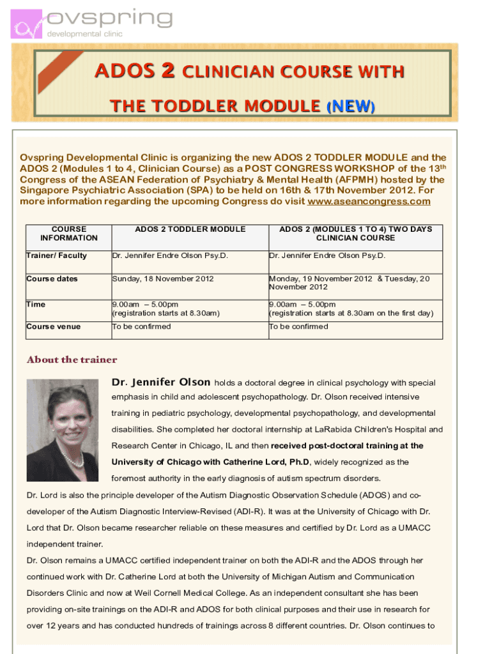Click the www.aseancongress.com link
[x=369, y=202]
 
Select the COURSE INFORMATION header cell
[x=69, y=233]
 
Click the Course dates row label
[x=52, y=278]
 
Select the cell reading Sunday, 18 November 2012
[x=163, y=278]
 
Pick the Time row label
[x=36, y=304]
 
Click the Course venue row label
[x=53, y=326]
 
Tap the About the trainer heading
[x=72, y=360]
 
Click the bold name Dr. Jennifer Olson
[x=161, y=382]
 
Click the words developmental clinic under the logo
[x=86, y=34]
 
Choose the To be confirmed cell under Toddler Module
[x=142, y=326]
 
